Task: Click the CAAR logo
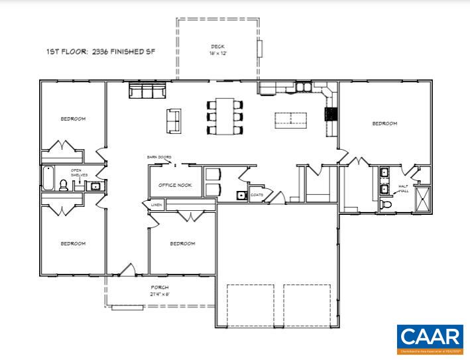[x=430, y=338]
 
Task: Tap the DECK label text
[x=217, y=46]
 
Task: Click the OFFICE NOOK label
[x=175, y=185]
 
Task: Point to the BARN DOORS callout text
[x=159, y=157]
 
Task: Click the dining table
[x=225, y=117]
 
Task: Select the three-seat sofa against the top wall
[x=147, y=90]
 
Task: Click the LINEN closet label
[x=156, y=206]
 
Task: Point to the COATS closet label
[x=257, y=195]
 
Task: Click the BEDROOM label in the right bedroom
[x=384, y=123]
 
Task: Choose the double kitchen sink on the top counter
[x=303, y=86]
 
